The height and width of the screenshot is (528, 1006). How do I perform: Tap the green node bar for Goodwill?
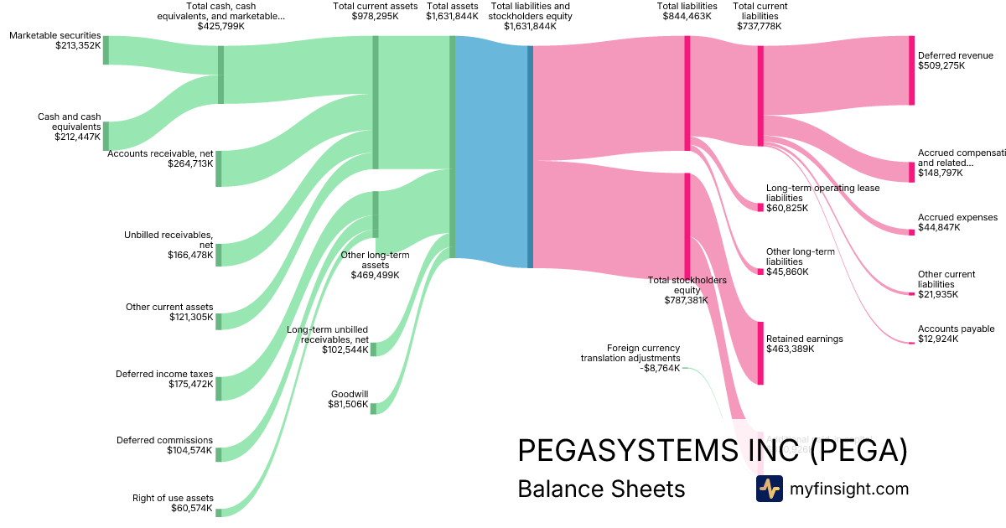pyautogui.click(x=374, y=408)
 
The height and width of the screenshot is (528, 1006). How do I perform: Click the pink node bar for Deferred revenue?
pyautogui.click(x=911, y=70)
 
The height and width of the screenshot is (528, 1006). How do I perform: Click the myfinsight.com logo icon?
pyautogui.click(x=769, y=489)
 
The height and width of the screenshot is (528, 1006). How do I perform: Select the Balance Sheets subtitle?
pyautogui.click(x=601, y=489)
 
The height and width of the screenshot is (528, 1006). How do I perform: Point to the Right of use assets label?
pyautogui.click(x=173, y=498)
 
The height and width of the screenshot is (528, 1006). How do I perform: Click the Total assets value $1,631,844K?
pyautogui.click(x=452, y=16)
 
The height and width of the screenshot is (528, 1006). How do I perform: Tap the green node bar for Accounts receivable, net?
pyautogui.click(x=219, y=168)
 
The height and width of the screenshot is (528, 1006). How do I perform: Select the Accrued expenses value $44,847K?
pyautogui.click(x=939, y=227)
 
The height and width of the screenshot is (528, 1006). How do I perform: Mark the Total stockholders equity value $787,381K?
pyautogui.click(x=687, y=299)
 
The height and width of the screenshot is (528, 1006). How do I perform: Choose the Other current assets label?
pyautogui.click(x=169, y=307)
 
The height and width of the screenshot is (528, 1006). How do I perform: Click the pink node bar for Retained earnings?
pyautogui.click(x=761, y=353)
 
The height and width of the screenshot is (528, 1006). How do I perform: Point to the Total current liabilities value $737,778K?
pyautogui.click(x=760, y=26)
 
